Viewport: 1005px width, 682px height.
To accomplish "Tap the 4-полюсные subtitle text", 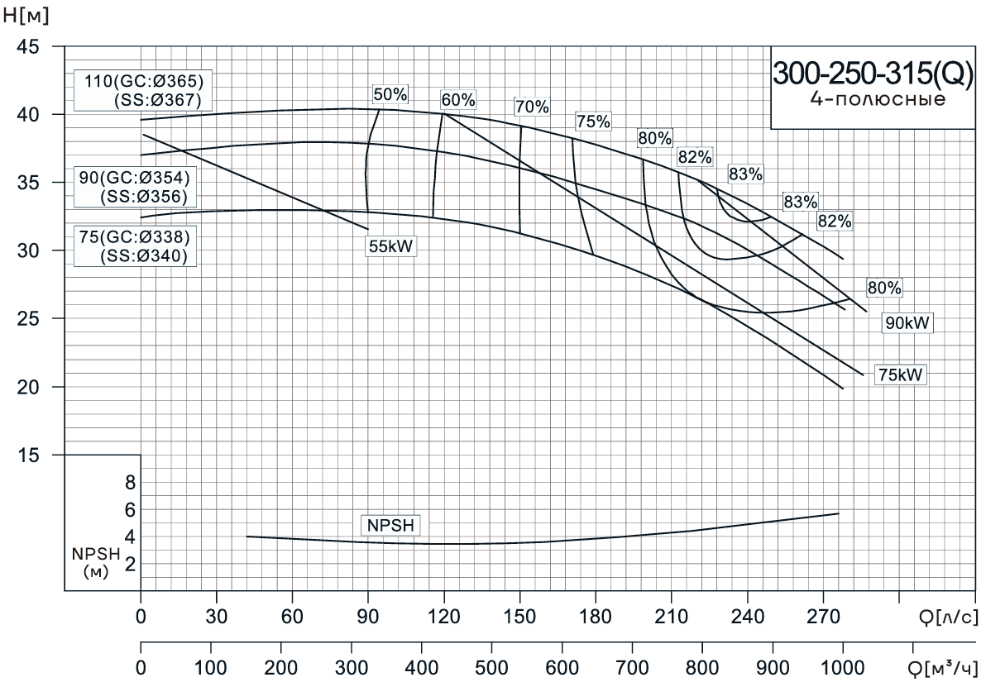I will (x=872, y=101).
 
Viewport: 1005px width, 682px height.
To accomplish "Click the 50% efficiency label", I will (x=390, y=94).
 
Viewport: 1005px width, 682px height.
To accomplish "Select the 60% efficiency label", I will (x=458, y=100).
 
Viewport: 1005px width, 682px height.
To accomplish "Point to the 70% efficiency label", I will (x=531, y=107).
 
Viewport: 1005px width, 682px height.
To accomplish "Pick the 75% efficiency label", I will (x=593, y=122).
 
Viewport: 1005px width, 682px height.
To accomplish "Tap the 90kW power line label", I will (x=907, y=323).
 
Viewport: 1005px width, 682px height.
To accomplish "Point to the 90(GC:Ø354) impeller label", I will (x=134, y=179).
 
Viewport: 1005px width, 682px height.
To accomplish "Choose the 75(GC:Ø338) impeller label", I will (x=134, y=237).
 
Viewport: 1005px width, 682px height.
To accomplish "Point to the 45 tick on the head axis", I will (x=27, y=47).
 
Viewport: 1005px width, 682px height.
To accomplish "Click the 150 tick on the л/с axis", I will (x=519, y=617).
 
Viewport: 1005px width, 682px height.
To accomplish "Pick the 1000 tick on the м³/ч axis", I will (x=842, y=666).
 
